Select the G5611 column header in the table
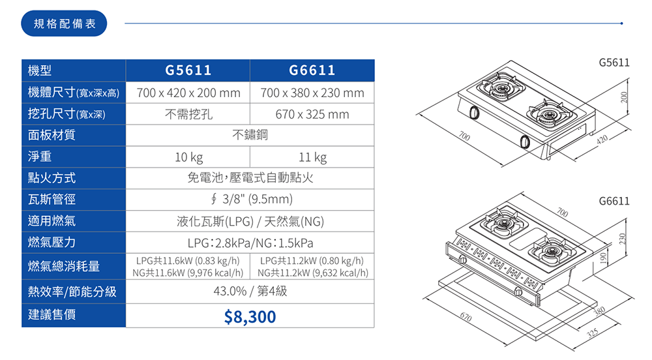[188, 70]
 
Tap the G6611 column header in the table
[312, 70]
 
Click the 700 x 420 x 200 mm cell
[188, 93]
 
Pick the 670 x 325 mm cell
[312, 114]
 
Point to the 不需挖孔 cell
[188, 114]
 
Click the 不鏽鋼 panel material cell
[250, 136]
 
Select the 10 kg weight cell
[188, 157]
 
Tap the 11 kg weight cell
[312, 157]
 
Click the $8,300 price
[250, 317]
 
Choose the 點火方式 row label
[52, 178]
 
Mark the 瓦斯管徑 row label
[52, 199]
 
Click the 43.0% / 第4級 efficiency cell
[250, 292]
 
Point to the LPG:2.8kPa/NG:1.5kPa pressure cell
[250, 243]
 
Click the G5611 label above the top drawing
[614, 63]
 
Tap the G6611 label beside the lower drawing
[614, 201]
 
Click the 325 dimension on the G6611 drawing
[592, 333]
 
